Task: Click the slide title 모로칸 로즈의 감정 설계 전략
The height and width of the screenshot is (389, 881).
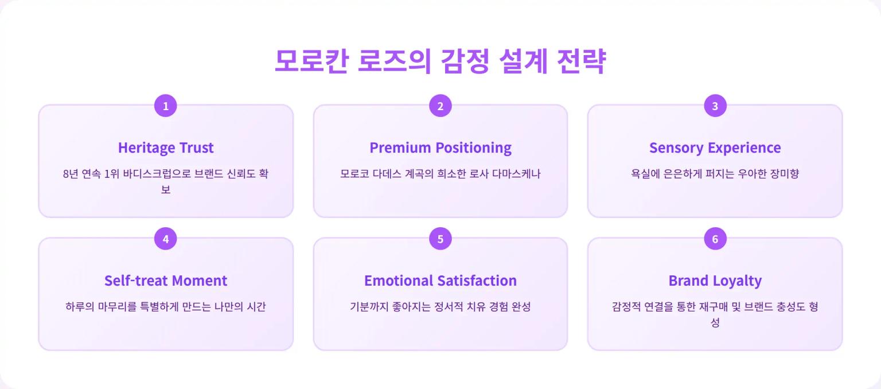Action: click(440, 61)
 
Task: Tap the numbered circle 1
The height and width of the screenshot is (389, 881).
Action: click(166, 106)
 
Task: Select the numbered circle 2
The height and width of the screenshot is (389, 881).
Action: click(440, 106)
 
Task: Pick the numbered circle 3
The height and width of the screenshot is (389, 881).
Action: click(715, 106)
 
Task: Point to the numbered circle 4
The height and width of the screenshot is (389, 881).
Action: click(166, 239)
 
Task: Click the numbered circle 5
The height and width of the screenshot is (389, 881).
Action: click(440, 239)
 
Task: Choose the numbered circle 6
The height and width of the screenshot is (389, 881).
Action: click(715, 239)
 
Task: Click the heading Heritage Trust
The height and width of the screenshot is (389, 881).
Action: click(166, 147)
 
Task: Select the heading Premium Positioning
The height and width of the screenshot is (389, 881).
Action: click(440, 147)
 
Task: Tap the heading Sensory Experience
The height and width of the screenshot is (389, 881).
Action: click(715, 147)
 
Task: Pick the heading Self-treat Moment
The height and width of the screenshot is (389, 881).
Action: click(166, 281)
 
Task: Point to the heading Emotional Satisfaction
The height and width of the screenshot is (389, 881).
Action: click(440, 281)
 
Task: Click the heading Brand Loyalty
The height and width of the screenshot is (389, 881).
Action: click(715, 281)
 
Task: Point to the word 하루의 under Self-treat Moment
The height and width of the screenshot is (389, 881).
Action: click(79, 307)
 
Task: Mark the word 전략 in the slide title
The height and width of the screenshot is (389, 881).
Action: click(581, 61)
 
